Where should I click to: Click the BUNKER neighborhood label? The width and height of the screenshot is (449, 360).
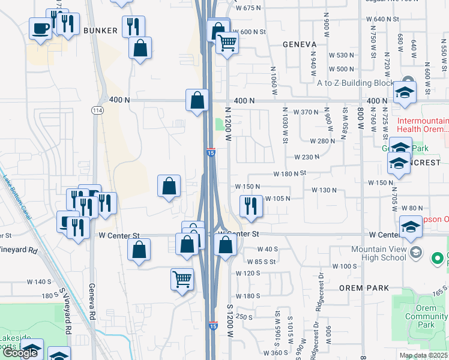[x=99, y=30]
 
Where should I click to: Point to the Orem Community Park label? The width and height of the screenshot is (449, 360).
[x=427, y=316]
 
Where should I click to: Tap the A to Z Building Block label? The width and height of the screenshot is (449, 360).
[x=355, y=83]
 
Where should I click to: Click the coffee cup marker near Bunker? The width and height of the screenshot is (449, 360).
[x=41, y=28]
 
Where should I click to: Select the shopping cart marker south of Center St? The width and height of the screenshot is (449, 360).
[x=182, y=278]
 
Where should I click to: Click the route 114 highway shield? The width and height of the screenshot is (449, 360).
[x=97, y=110]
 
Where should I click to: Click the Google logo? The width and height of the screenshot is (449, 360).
[x=20, y=353]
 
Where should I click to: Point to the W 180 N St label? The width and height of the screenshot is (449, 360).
[x=290, y=173]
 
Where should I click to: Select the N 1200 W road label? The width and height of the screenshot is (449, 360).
[x=228, y=124]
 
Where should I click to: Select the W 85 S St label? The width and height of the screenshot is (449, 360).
[x=262, y=262]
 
